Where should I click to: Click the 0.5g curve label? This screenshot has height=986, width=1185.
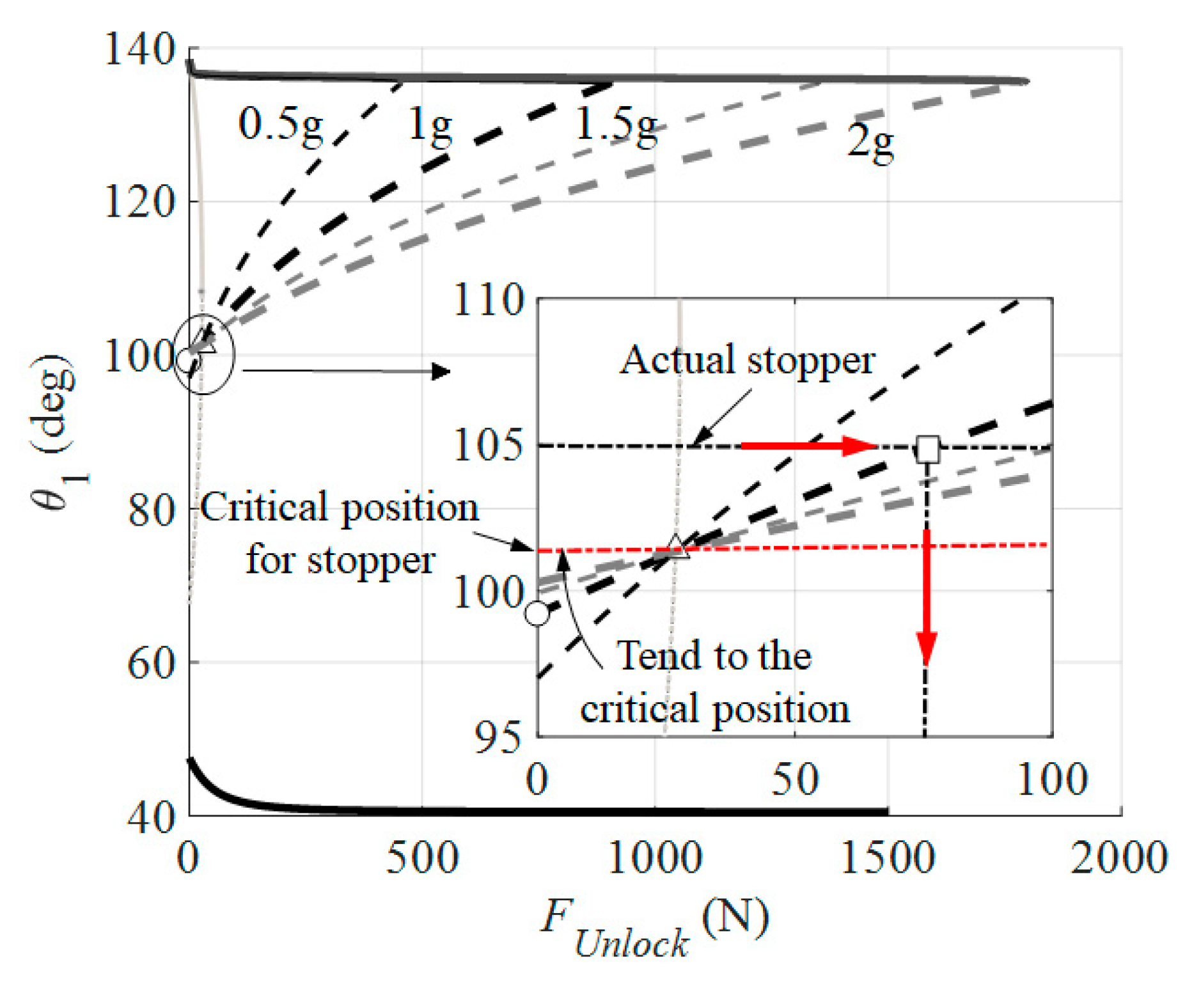280,125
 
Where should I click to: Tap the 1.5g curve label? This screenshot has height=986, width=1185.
616,125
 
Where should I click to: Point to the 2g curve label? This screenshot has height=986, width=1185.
870,142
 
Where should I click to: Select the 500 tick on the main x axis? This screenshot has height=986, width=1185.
422,859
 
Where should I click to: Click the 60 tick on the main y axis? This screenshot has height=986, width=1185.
151,664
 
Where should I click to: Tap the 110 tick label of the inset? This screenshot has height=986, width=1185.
489,301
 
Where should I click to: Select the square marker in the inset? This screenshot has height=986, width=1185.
928,449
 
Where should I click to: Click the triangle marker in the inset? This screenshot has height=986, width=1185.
677,547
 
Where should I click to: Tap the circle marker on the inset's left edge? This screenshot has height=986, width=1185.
537,613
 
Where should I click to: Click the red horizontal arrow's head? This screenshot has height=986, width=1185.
859,446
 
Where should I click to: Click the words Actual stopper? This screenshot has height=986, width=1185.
747,361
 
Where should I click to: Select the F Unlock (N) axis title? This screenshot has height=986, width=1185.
654,927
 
